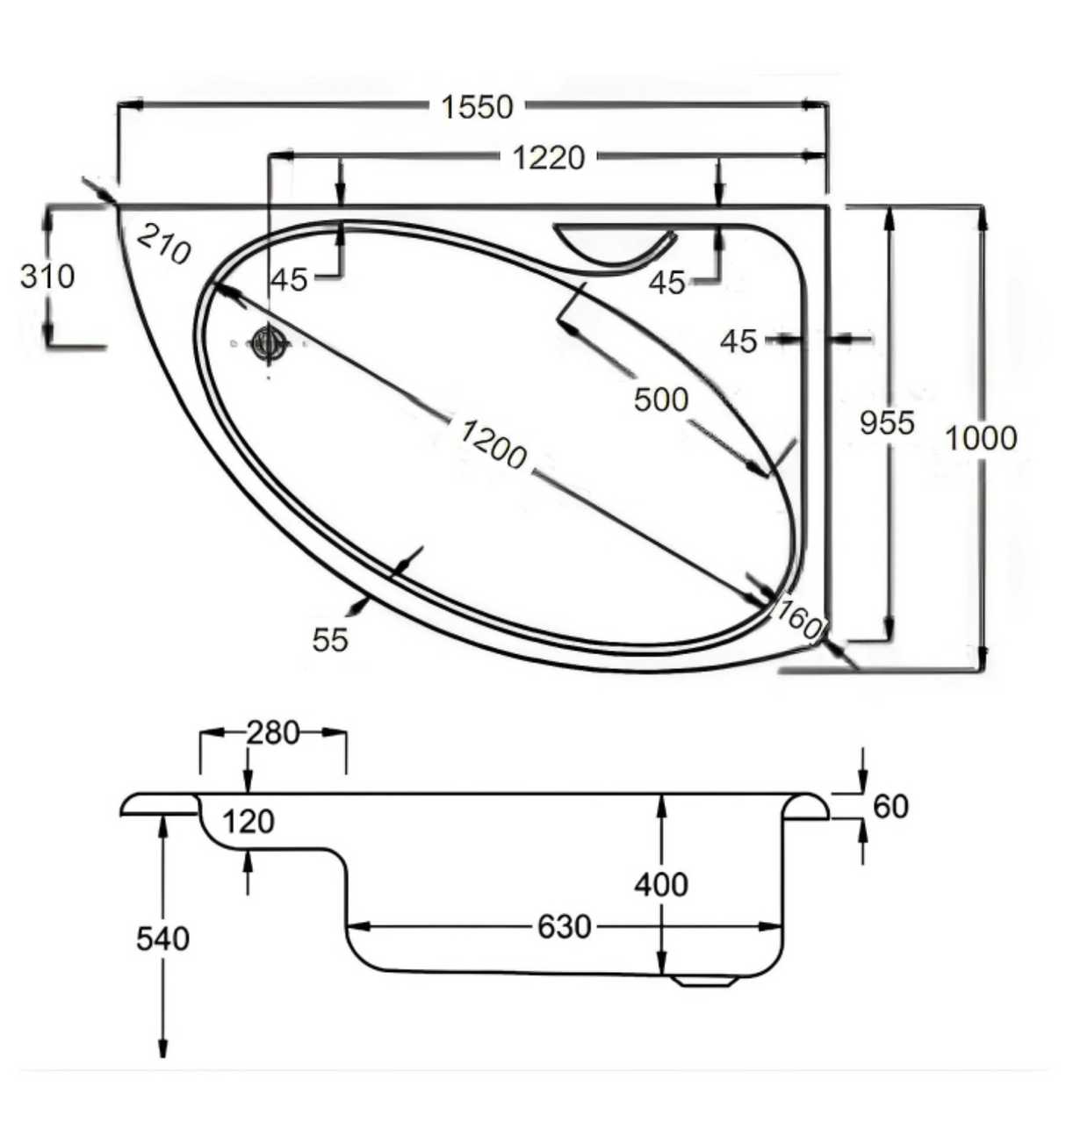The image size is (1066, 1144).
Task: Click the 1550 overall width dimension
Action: [477, 107]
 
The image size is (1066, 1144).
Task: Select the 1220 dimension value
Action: [549, 158]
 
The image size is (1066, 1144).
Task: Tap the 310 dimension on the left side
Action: [47, 277]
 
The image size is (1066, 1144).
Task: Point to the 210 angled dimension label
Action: [163, 244]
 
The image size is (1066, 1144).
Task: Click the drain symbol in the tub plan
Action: [268, 344]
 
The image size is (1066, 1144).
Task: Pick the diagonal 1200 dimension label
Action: [493, 443]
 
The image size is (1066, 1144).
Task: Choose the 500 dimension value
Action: [661, 399]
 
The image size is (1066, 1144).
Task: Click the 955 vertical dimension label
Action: [887, 423]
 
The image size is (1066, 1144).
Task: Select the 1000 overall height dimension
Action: [982, 438]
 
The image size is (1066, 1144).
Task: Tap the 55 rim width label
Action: [330, 640]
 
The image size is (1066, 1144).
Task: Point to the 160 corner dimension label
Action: [799, 619]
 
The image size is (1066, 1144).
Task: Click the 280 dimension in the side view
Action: [273, 733]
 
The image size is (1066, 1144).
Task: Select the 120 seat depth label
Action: [248, 822]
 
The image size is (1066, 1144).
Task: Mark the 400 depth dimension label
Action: [661, 885]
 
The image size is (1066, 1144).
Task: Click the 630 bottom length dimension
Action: [564, 927]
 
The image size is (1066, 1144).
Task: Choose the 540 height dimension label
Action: [162, 939]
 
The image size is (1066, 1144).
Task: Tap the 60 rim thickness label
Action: [891, 807]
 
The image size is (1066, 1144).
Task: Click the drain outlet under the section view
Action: [706, 980]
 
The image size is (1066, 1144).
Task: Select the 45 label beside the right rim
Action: [738, 342]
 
